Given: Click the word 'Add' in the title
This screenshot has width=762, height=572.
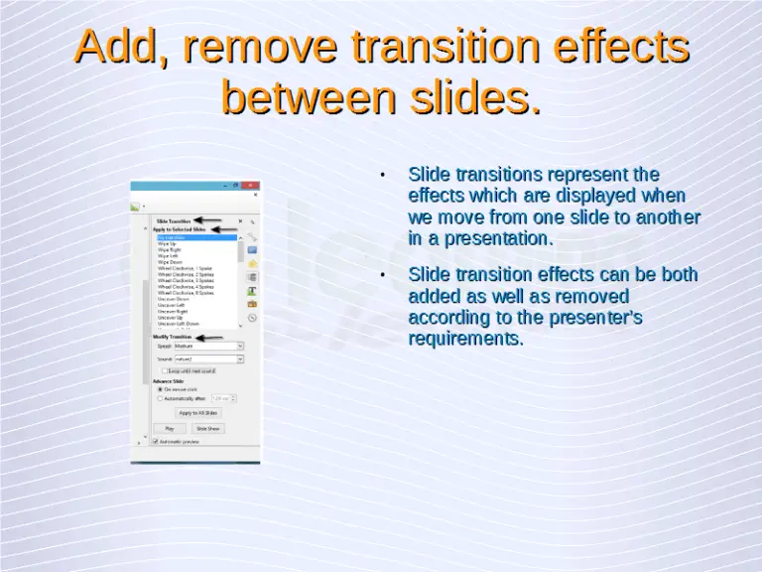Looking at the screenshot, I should (x=118, y=47).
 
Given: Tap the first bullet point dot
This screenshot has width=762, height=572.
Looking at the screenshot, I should (x=383, y=176).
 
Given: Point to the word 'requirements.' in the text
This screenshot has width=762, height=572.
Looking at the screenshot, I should (x=465, y=340).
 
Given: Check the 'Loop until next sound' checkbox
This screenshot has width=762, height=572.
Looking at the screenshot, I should (x=164, y=370).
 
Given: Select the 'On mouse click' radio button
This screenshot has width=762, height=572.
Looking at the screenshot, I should (x=159, y=389).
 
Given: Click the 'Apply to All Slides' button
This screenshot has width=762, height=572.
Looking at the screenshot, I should (x=197, y=412).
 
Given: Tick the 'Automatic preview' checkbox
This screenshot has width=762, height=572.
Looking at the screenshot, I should (x=155, y=441).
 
